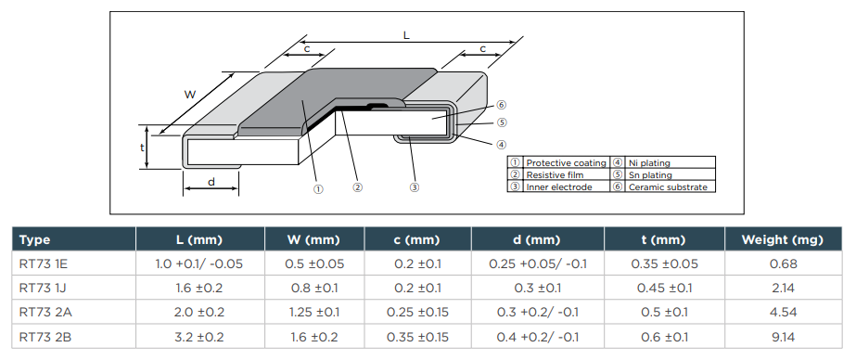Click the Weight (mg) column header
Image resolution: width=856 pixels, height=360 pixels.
783,239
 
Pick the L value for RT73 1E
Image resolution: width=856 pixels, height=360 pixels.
199,264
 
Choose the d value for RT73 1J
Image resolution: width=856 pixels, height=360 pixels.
538,288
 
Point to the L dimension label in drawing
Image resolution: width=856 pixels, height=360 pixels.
406,34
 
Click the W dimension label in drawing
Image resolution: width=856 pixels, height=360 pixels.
189,94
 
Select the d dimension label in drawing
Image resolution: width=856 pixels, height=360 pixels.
211,182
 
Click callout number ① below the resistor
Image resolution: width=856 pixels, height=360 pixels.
318,187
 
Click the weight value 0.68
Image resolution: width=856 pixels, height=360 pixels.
783,264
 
